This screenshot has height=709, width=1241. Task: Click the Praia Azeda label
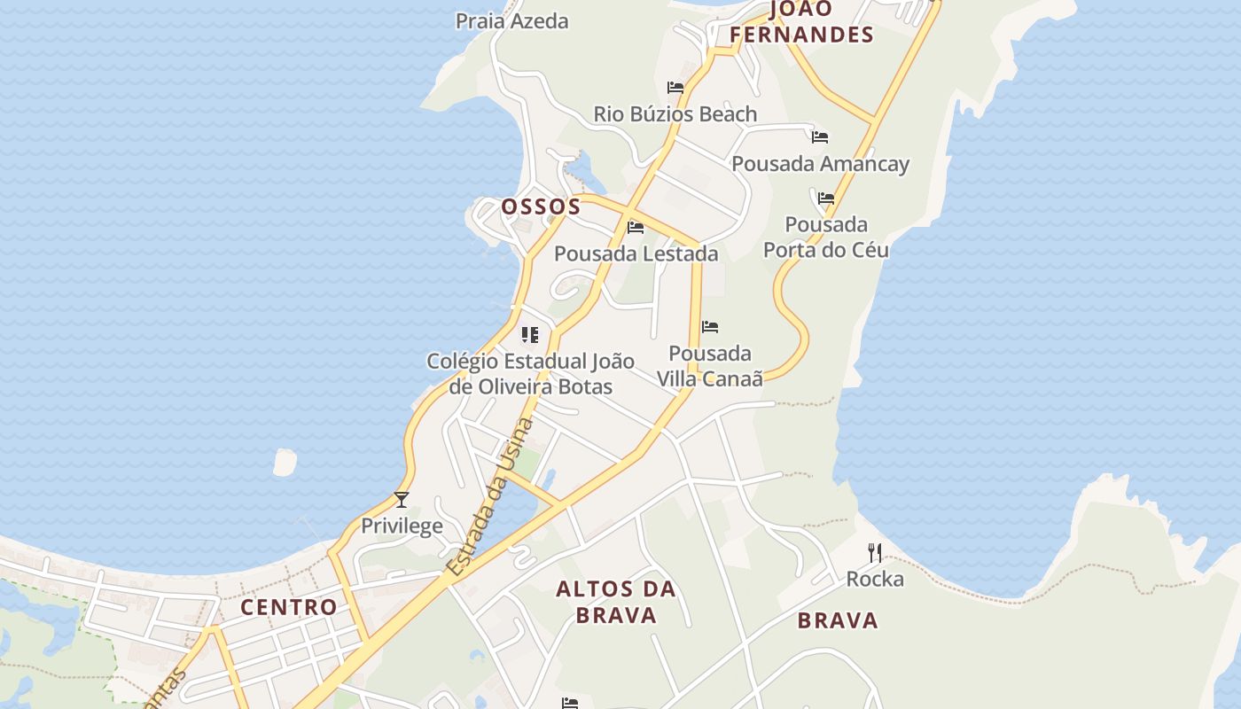click(511, 20)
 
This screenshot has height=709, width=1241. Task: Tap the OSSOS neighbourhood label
click(541, 206)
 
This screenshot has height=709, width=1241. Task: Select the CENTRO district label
click(289, 607)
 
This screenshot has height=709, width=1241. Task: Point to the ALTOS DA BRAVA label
click(616, 602)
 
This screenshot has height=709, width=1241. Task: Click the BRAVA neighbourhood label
click(838, 620)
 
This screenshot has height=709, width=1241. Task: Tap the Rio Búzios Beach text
click(675, 114)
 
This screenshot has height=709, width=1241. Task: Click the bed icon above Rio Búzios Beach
click(675, 88)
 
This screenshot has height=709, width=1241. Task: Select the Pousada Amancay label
click(820, 164)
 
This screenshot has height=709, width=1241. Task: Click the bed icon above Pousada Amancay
click(820, 137)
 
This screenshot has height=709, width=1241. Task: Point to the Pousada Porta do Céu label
click(826, 237)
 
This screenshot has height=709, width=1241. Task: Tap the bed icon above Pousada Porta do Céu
click(826, 199)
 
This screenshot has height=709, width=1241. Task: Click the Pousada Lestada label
click(636, 254)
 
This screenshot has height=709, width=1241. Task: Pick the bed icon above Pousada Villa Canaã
click(710, 327)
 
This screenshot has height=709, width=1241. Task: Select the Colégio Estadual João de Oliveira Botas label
click(530, 374)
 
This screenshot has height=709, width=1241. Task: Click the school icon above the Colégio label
click(530, 335)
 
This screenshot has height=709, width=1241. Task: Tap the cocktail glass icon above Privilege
click(402, 500)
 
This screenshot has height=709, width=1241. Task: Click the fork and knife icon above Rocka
click(875, 553)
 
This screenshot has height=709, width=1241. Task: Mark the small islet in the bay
click(285, 462)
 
